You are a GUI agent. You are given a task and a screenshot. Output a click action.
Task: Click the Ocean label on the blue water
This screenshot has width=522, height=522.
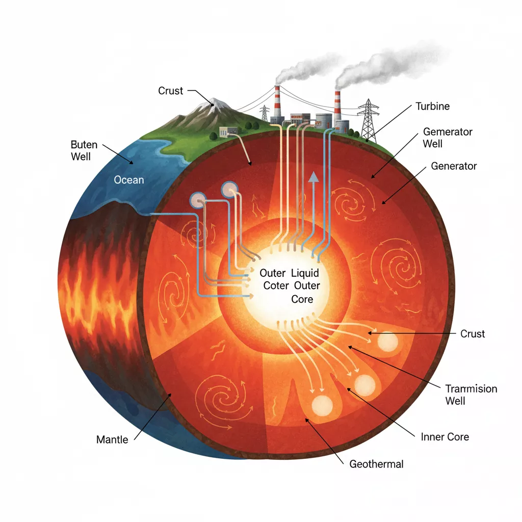tap(129, 180)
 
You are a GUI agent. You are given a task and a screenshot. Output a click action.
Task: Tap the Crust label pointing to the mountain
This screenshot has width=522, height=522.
tap(170, 91)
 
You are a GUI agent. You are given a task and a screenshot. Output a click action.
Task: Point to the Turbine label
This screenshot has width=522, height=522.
tap(432, 107)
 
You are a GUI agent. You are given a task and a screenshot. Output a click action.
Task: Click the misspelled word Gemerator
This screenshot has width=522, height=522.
tap(448, 132)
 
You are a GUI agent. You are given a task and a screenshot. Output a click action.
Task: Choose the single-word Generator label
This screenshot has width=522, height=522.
tap(454, 166)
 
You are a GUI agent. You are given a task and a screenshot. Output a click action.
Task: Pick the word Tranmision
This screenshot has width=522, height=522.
tap(471, 389)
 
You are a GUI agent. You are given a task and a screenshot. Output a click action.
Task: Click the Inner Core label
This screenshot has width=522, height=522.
tap(445, 437)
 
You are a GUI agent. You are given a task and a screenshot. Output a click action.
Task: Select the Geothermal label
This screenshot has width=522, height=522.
tap(376, 464)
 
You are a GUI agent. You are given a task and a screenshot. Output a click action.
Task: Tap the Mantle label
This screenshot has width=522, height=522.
tap(112, 439)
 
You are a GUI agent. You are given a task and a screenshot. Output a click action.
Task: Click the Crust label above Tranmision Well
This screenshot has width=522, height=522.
tap(473, 334)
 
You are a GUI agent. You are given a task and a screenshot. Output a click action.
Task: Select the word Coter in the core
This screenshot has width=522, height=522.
tap(276, 286)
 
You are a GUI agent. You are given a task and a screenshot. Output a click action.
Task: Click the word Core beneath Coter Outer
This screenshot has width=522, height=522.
tap(302, 299)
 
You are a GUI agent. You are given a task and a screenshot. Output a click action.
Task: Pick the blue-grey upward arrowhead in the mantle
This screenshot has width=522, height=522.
tap(313, 177)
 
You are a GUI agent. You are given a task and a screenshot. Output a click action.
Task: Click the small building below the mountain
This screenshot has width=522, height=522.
tap(225, 132)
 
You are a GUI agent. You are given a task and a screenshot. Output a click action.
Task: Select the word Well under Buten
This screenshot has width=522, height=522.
tap(81, 156)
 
